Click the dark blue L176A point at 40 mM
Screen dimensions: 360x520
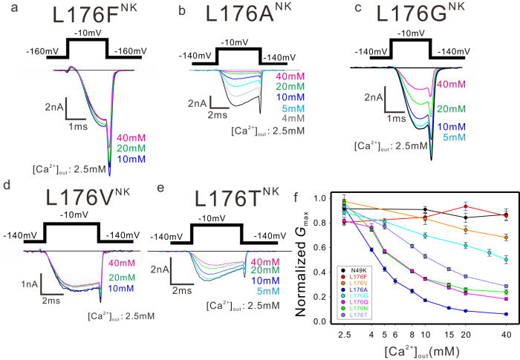pyautogui.click(x=506, y=315)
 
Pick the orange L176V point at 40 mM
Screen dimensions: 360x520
pyautogui.click(x=506, y=238)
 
